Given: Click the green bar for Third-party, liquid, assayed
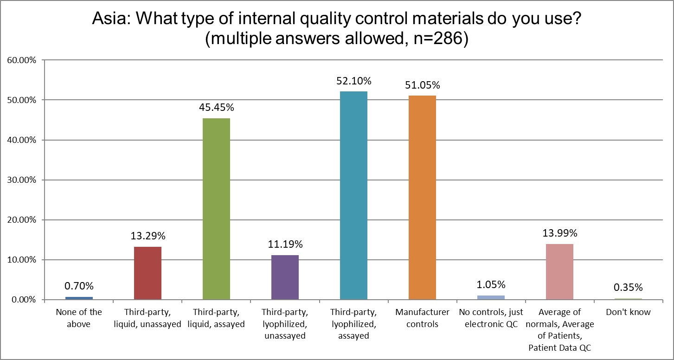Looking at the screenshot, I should (216, 209).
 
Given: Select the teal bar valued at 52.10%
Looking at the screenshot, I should (353, 195).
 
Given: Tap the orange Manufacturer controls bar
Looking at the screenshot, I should (422, 197).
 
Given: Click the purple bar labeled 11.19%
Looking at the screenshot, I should (285, 277).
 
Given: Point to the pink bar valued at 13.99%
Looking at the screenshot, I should (559, 271).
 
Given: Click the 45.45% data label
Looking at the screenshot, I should (216, 108).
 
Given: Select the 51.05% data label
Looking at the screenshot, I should (422, 85).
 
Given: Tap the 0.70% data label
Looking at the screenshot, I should (79, 286).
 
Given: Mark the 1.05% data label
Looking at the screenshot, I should (491, 285).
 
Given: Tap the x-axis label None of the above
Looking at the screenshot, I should (79, 318).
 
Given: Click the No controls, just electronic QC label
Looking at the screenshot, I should (491, 318).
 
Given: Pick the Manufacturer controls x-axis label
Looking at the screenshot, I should (422, 318).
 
